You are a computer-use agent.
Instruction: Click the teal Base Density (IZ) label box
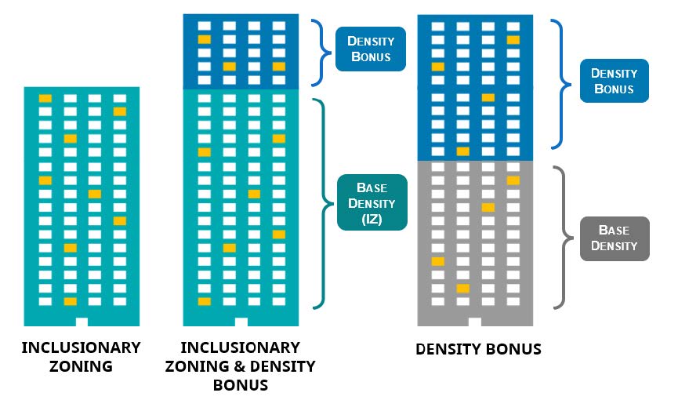372,202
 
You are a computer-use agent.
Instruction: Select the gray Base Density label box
614,238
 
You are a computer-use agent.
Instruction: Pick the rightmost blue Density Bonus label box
614,80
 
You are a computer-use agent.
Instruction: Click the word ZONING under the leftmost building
81,365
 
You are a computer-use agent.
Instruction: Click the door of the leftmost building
82,322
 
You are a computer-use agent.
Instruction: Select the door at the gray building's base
475,322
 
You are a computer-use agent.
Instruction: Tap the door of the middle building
241,322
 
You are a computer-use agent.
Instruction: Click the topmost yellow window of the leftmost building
45,99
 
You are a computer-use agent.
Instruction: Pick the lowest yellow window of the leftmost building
71,301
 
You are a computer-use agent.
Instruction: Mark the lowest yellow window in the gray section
463,289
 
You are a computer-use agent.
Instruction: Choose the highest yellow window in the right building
513,39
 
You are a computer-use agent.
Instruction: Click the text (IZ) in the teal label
372,219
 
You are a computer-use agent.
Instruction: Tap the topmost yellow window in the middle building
204,39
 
